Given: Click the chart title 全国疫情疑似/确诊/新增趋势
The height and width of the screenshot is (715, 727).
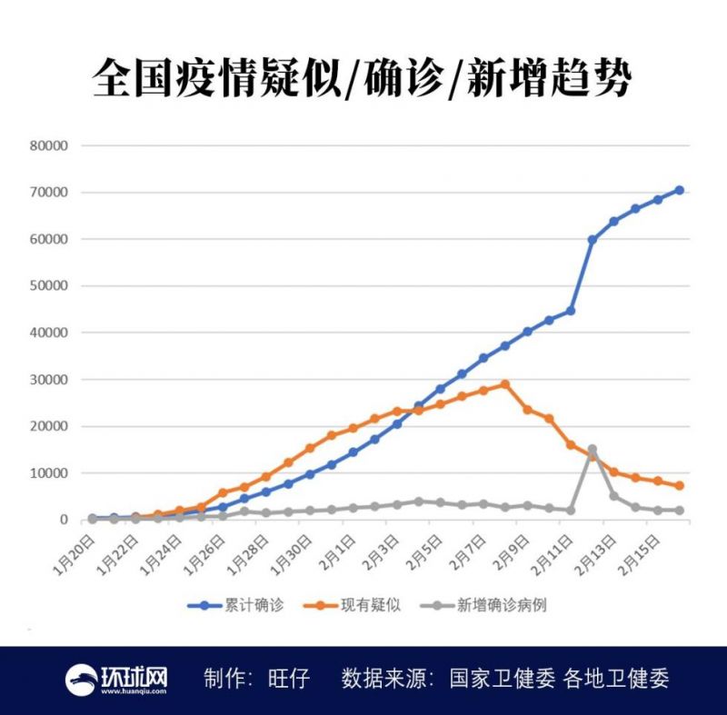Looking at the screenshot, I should point(363,79).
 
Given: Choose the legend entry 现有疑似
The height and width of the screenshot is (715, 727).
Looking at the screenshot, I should point(373,605).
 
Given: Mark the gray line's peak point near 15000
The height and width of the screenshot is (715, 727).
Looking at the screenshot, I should point(592,449).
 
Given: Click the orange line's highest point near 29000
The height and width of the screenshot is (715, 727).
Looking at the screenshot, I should point(505,383).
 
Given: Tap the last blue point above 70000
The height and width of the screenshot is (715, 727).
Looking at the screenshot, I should point(679,190).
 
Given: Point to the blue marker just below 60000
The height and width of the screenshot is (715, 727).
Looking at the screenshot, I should point(592,240).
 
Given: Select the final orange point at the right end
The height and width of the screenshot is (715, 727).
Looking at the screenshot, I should point(679,486).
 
